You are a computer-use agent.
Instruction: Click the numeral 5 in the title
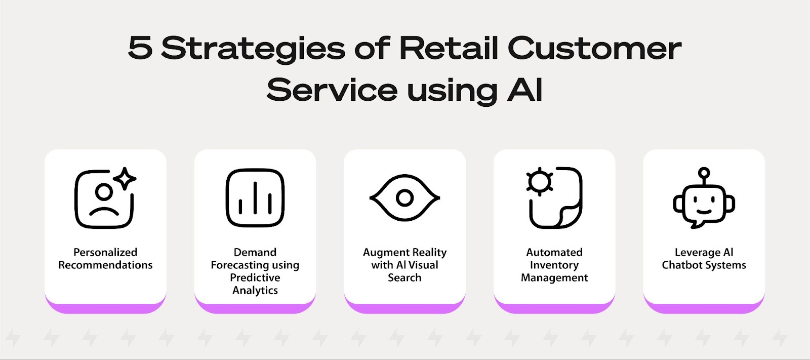140,48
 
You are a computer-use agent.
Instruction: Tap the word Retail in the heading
449,48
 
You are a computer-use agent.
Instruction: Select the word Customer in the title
594,48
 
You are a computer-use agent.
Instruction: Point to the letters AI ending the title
524,89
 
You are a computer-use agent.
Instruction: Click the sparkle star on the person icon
125,178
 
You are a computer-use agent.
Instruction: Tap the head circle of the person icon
104,192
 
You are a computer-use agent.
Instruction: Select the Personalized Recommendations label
105,258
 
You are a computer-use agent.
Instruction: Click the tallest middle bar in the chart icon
255,197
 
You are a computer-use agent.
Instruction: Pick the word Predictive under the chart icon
255,277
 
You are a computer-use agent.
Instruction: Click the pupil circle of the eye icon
404,198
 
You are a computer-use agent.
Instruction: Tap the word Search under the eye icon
404,277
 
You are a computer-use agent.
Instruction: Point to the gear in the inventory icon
540,181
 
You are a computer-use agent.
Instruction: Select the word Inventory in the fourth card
554,265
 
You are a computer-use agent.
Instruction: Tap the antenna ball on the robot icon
704,173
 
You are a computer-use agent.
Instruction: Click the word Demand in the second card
255,252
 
